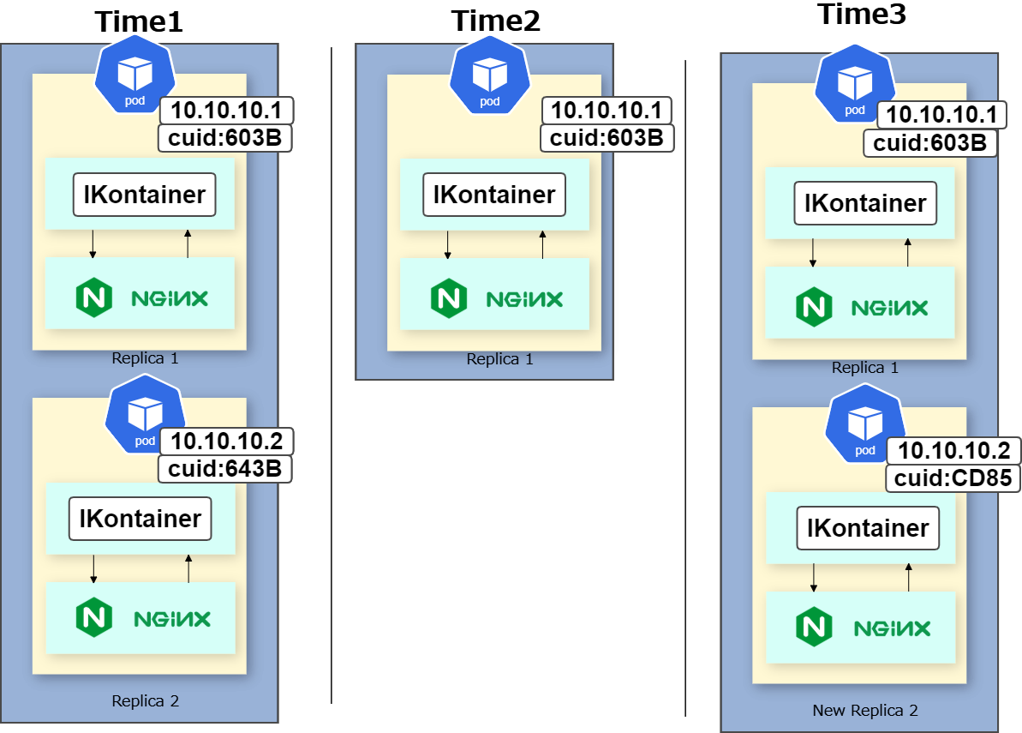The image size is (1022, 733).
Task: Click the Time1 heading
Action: pyautogui.click(x=139, y=21)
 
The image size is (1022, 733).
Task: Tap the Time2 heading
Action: pyautogui.click(x=495, y=21)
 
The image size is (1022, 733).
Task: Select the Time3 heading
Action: pyautogui.click(x=862, y=14)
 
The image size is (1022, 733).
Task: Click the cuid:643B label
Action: pyautogui.click(x=224, y=468)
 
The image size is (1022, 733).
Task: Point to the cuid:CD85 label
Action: pyautogui.click(x=953, y=478)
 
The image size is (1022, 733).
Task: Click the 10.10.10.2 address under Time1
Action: pyautogui.click(x=226, y=441)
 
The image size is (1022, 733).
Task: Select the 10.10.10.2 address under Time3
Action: pyautogui.click(x=953, y=450)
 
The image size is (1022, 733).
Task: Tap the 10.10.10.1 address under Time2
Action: pyautogui.click(x=607, y=111)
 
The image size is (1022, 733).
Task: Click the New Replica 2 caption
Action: pyautogui.click(x=865, y=710)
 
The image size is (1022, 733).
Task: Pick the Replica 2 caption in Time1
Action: pyautogui.click(x=145, y=701)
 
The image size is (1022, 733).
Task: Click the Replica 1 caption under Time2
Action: pyautogui.click(x=499, y=358)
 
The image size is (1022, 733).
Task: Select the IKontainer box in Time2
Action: pyautogui.click(x=494, y=195)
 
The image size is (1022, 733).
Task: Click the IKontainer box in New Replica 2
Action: pyautogui.click(x=868, y=528)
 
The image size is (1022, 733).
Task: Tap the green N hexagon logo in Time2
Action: pyautogui.click(x=448, y=298)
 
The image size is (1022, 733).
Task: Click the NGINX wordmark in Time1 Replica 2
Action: pyautogui.click(x=172, y=619)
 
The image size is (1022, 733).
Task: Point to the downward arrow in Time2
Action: pyautogui.click(x=447, y=244)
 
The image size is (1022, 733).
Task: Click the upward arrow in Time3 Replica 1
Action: pyautogui.click(x=907, y=252)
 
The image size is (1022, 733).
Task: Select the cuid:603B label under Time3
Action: pyautogui.click(x=930, y=143)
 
